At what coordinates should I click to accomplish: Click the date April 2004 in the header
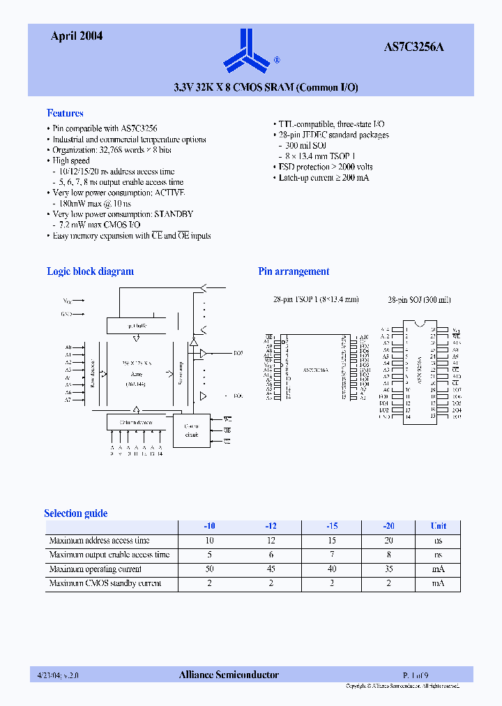pos(77,36)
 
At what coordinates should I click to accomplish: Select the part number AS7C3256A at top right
pos(413,47)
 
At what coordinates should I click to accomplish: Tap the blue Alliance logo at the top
pos(246,51)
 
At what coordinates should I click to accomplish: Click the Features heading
pos(65,113)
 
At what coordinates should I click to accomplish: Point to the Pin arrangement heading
pos(294,271)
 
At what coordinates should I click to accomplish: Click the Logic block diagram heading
pos(90,271)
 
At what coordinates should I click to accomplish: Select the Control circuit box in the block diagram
pos(191,430)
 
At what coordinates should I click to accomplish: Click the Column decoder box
pos(137,422)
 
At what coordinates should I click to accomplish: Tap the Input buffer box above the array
pos(137,325)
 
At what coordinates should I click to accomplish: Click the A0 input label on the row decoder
pos(68,347)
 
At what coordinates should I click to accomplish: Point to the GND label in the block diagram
pos(66,314)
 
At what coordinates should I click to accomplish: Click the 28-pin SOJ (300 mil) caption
pos(419,299)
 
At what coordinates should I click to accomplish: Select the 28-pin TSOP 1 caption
pos(315,299)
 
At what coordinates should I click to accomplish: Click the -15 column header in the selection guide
pos(332,526)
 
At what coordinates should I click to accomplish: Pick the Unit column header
pos(438,526)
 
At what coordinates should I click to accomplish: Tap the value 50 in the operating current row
pos(210,569)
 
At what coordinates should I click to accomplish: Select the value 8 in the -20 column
pos(388,555)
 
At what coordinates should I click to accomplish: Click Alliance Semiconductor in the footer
pos(229,675)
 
